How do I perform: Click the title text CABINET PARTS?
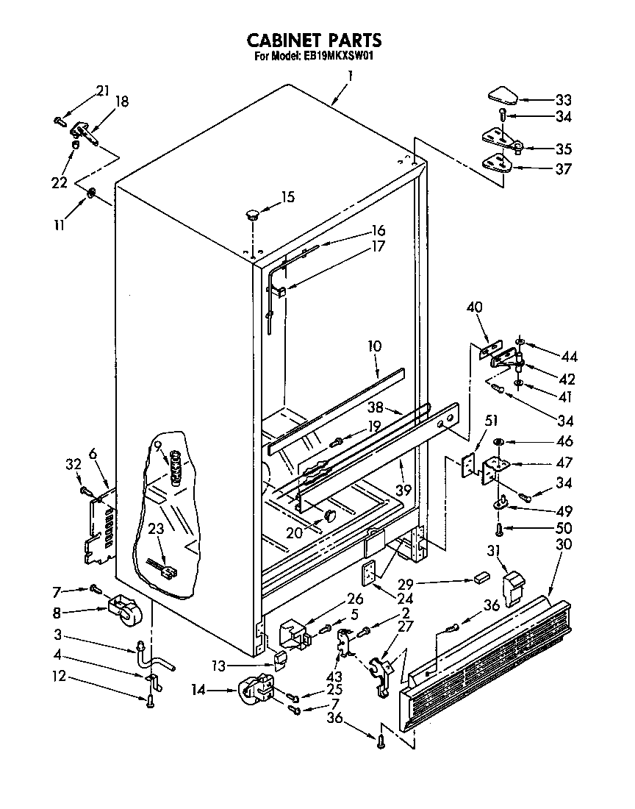314,39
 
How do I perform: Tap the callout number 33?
563,100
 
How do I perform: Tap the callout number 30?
563,545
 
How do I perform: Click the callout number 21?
102,90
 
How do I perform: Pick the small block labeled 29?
482,578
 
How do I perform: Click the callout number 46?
563,442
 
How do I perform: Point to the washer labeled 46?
499,441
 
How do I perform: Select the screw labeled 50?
499,528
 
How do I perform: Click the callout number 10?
375,346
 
